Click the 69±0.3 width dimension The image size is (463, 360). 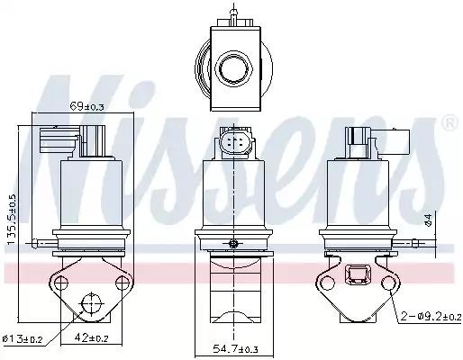click(x=86, y=106)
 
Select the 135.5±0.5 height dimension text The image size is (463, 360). click(x=12, y=220)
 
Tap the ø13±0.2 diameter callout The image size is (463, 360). click(x=23, y=339)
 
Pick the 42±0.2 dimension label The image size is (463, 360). click(x=91, y=338)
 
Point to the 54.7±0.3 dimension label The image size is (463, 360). click(x=235, y=348)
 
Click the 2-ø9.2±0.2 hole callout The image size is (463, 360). click(x=431, y=317)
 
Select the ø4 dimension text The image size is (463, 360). click(x=429, y=220)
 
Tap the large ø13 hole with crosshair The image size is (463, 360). click(x=91, y=303)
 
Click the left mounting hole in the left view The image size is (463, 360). click(x=61, y=283)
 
